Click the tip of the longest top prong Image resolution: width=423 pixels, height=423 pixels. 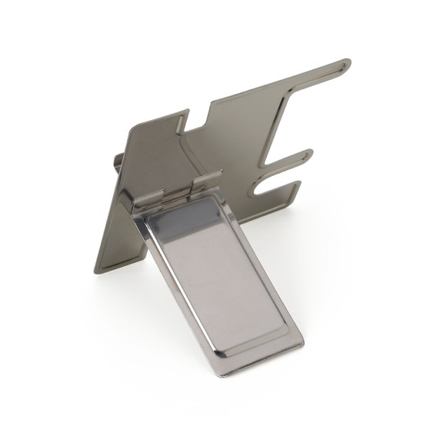(x=347, y=63)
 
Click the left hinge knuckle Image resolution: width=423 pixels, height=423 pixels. (x=148, y=199)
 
